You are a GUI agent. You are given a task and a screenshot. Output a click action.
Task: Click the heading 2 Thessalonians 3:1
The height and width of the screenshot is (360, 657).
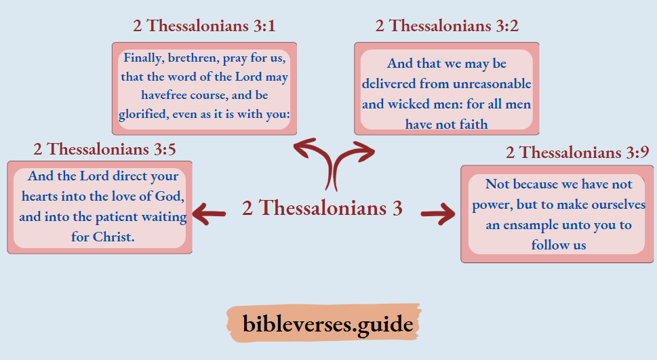(x=204, y=26)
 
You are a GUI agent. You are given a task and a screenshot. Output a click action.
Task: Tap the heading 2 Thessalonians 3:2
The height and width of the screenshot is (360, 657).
(x=447, y=26)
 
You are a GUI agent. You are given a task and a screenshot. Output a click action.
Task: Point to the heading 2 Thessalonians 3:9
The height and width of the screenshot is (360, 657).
(x=577, y=153)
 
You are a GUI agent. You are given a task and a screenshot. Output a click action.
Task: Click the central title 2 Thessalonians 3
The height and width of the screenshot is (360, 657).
(x=322, y=207)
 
